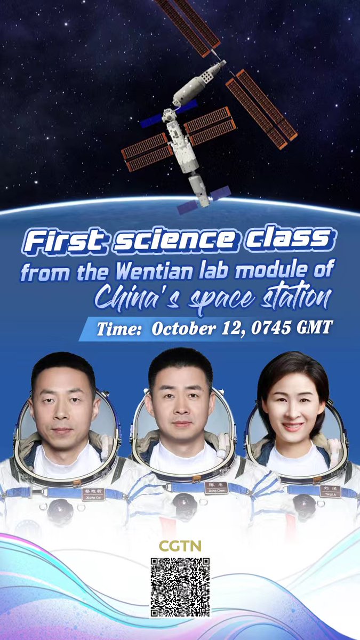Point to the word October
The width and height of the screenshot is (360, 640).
coord(184,328)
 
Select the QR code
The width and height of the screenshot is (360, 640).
coord(180,587)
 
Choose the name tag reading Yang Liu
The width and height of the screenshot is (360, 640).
coord(330,491)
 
